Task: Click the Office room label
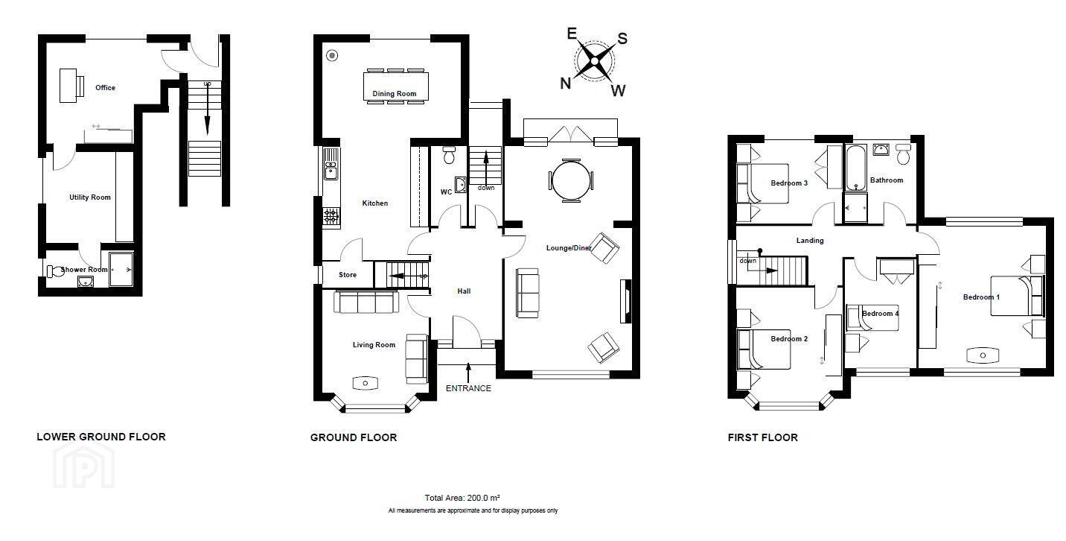pyautogui.click(x=105, y=88)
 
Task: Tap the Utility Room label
pyautogui.click(x=90, y=197)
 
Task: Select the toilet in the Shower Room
pyautogui.click(x=55, y=271)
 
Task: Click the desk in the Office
pyautogui.click(x=68, y=86)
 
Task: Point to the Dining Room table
pyautogui.click(x=395, y=86)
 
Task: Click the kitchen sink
pyautogui.click(x=331, y=164)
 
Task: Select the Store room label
pyautogui.click(x=348, y=275)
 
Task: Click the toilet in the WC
pyautogui.click(x=449, y=155)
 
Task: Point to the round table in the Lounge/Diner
pyautogui.click(x=571, y=181)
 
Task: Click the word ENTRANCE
pyautogui.click(x=468, y=388)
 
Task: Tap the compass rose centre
pyautogui.click(x=594, y=61)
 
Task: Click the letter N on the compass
pyautogui.click(x=565, y=83)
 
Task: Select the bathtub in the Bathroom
pyautogui.click(x=855, y=168)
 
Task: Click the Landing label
pyautogui.click(x=810, y=241)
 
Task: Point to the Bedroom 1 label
pyautogui.click(x=981, y=297)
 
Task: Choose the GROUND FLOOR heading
pyautogui.click(x=354, y=437)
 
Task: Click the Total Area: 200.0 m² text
pyautogui.click(x=462, y=498)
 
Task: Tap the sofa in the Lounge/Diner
pyautogui.click(x=527, y=293)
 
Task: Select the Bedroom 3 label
pyautogui.click(x=789, y=183)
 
